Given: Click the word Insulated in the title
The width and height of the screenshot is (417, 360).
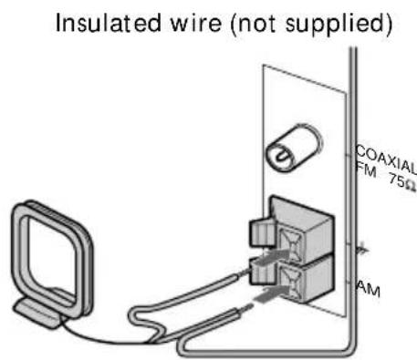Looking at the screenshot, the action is [109, 23].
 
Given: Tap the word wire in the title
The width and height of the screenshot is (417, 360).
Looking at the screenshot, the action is [196, 23].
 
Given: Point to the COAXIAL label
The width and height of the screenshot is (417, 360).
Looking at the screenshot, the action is [386, 159].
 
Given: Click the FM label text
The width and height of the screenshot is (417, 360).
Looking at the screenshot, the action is [366, 170].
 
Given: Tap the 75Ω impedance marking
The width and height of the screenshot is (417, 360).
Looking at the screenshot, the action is [402, 182].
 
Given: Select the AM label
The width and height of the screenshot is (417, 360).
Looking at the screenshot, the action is [369, 289].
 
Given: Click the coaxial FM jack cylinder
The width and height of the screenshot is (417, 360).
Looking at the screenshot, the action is [294, 148].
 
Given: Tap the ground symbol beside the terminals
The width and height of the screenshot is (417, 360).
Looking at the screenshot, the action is [362, 249].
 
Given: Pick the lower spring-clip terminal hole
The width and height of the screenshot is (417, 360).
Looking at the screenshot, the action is [290, 282].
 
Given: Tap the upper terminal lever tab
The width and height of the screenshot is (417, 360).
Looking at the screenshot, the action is [262, 231].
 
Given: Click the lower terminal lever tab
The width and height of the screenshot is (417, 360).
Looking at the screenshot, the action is [262, 271].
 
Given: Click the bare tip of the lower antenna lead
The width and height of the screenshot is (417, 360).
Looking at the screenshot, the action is [245, 308].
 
